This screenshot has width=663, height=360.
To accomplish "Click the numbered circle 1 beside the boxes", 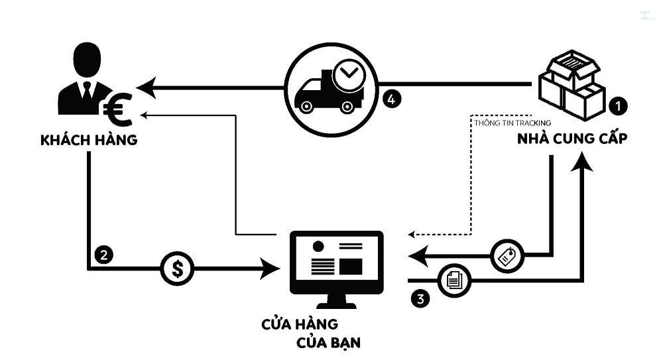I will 617,105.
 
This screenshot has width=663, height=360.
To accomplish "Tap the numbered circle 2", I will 103,253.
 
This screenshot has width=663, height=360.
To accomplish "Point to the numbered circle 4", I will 392,99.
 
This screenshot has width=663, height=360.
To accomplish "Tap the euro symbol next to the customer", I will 118,111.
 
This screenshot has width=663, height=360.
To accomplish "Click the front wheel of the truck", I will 306,104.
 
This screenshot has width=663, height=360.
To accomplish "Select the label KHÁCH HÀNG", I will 89,141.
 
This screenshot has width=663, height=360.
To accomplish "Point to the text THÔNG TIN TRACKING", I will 512,123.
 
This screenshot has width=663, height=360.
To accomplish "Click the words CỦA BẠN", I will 329,344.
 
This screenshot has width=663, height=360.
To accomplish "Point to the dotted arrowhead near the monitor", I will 411,234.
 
